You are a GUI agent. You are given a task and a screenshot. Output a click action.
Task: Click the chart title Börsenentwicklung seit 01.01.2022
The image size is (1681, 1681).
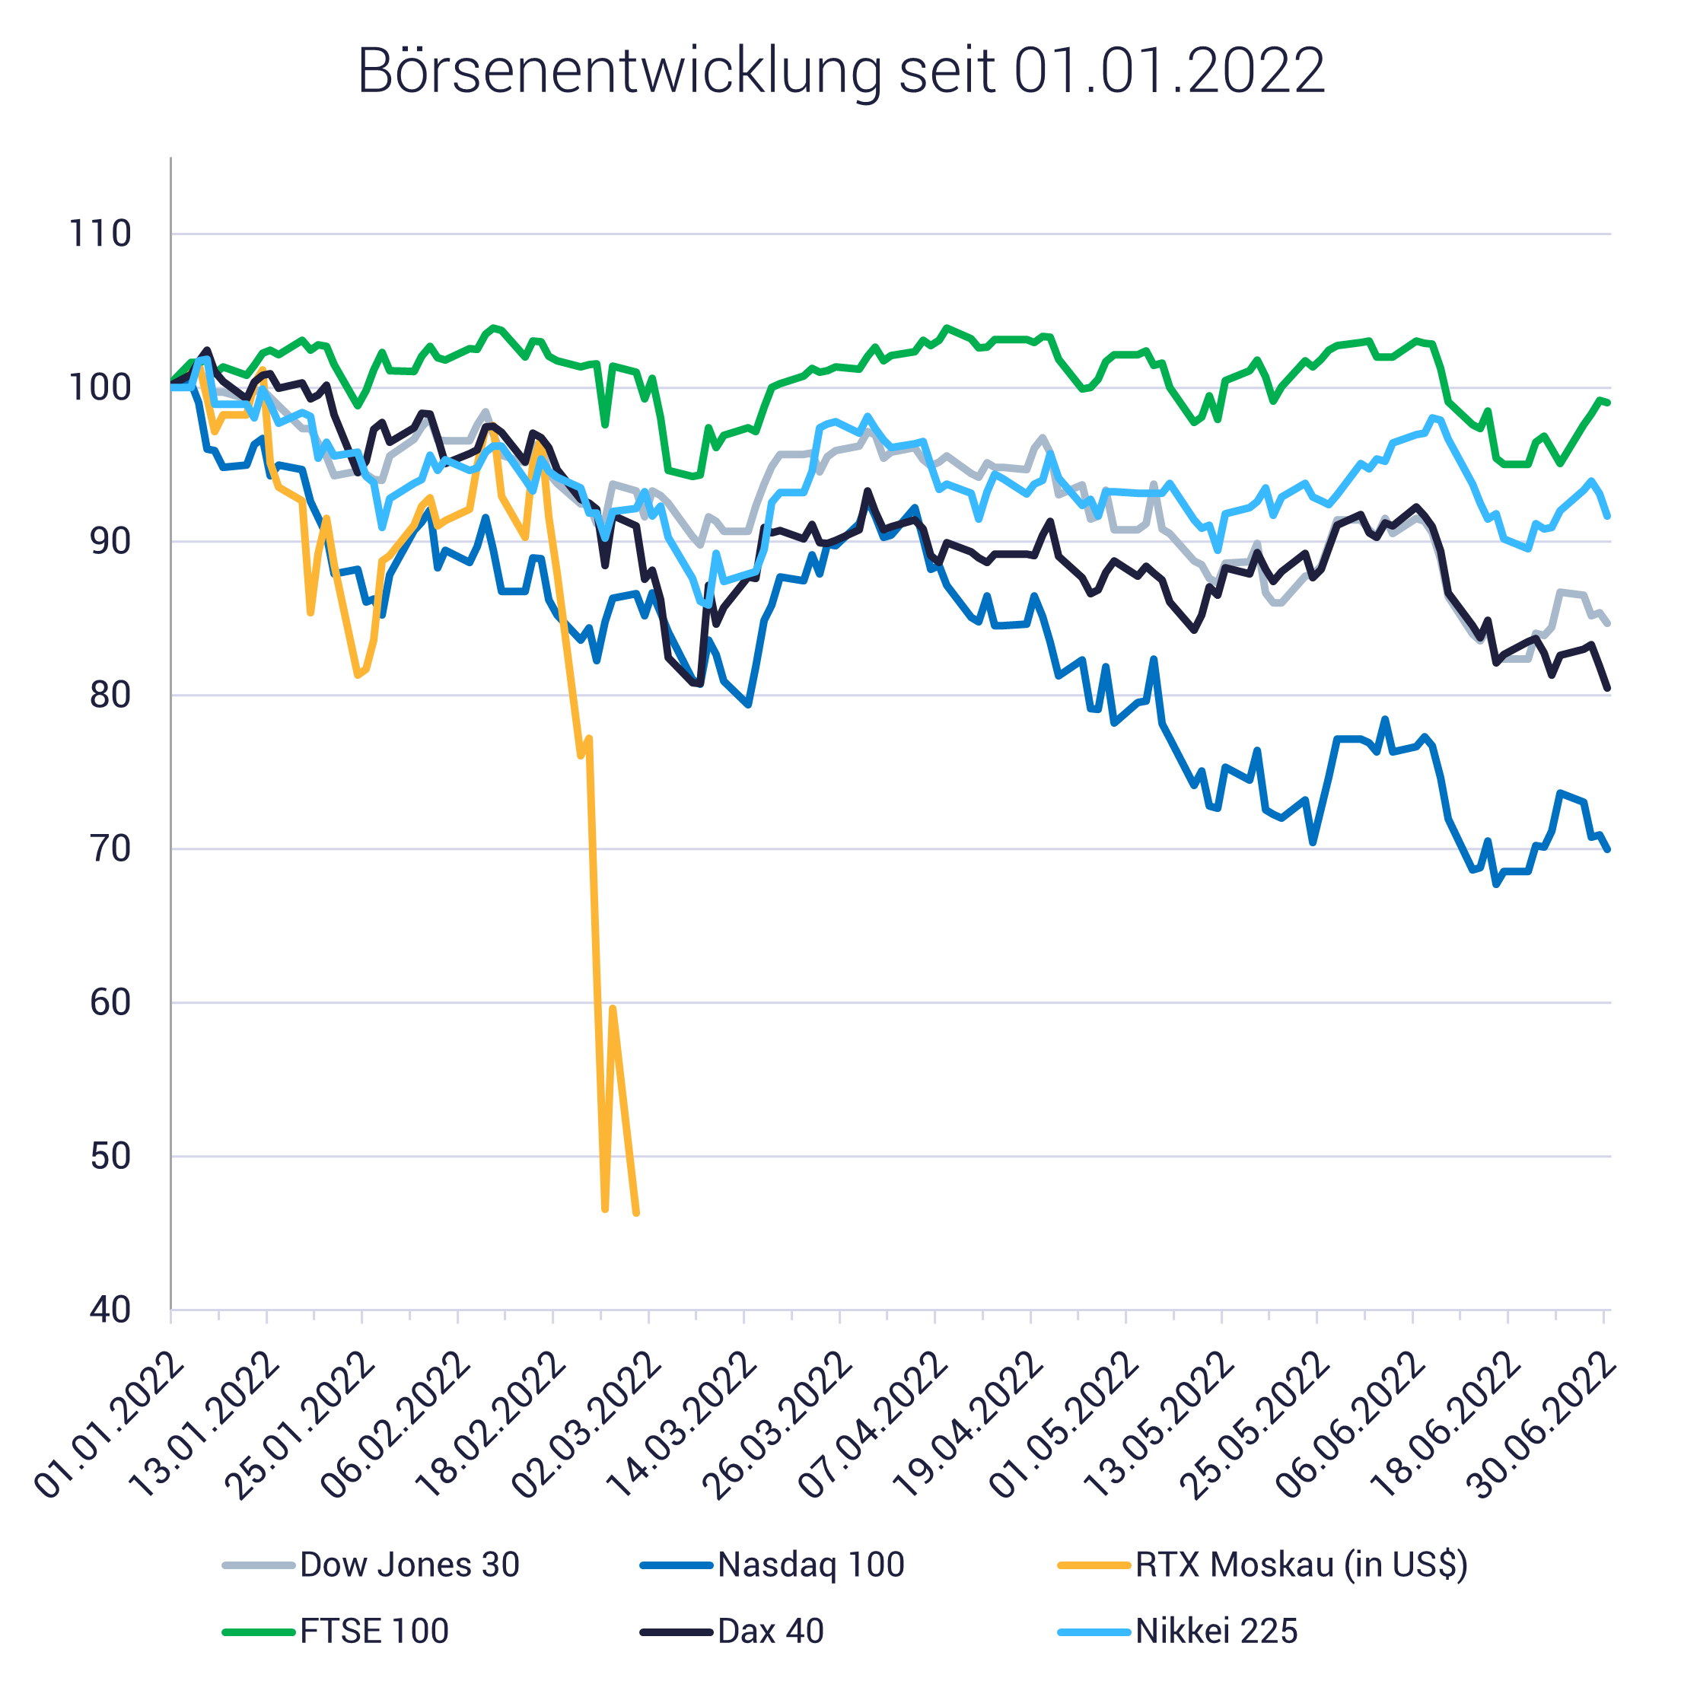pyautogui.click(x=840, y=72)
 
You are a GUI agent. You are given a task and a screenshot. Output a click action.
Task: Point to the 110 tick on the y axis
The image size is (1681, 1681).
pyautogui.click(x=100, y=234)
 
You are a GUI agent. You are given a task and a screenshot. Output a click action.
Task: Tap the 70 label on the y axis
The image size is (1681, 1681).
pyautogui.click(x=110, y=849)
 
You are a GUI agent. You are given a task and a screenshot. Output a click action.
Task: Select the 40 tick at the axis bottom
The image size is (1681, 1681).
pyautogui.click(x=110, y=1310)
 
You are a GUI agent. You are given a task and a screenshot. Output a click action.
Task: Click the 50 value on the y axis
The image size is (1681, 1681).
pyautogui.click(x=110, y=1157)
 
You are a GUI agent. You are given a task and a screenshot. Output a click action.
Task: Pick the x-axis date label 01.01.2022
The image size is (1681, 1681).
pyautogui.click(x=109, y=1427)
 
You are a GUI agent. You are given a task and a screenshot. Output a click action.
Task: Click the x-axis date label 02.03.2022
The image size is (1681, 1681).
pyautogui.click(x=585, y=1427)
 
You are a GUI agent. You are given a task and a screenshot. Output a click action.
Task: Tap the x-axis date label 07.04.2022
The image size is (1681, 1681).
pyautogui.click(x=873, y=1427)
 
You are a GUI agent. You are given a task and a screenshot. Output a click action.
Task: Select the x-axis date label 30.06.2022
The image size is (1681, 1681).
pyautogui.click(x=1542, y=1427)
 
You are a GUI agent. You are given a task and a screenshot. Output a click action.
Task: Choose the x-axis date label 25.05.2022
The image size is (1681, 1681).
pyautogui.click(x=1256, y=1427)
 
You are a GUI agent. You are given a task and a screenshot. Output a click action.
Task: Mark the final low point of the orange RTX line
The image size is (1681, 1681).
pyautogui.click(x=637, y=1213)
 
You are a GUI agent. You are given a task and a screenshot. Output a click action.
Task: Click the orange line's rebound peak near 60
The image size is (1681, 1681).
pyautogui.click(x=613, y=1008)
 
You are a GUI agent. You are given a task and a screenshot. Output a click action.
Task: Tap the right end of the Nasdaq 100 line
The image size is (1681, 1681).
pyautogui.click(x=1609, y=849)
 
